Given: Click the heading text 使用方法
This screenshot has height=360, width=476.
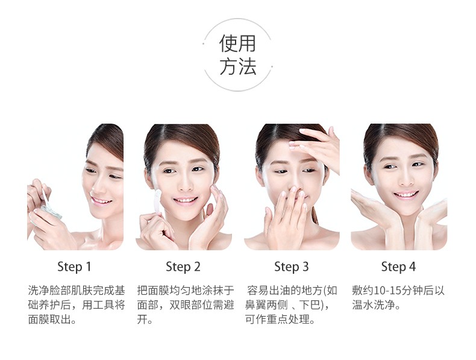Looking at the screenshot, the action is [237, 55].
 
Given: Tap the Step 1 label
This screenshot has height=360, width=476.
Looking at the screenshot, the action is [74, 267].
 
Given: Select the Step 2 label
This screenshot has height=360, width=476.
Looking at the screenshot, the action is [183, 267].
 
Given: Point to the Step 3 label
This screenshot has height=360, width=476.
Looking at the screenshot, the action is [292, 267].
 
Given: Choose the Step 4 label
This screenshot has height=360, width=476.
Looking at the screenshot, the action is [398, 267].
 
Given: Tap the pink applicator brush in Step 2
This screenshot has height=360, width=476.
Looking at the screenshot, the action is [157, 201].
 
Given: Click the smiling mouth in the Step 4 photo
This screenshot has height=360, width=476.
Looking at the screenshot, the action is [406, 194].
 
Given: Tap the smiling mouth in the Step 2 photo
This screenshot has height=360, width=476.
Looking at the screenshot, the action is [185, 200].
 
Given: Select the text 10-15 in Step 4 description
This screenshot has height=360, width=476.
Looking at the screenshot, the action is [387, 291].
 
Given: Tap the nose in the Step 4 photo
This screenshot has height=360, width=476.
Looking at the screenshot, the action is [406, 180].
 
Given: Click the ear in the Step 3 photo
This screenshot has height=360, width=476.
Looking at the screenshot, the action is [260, 176].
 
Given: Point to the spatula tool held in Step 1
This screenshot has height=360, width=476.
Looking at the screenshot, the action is [46, 197].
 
